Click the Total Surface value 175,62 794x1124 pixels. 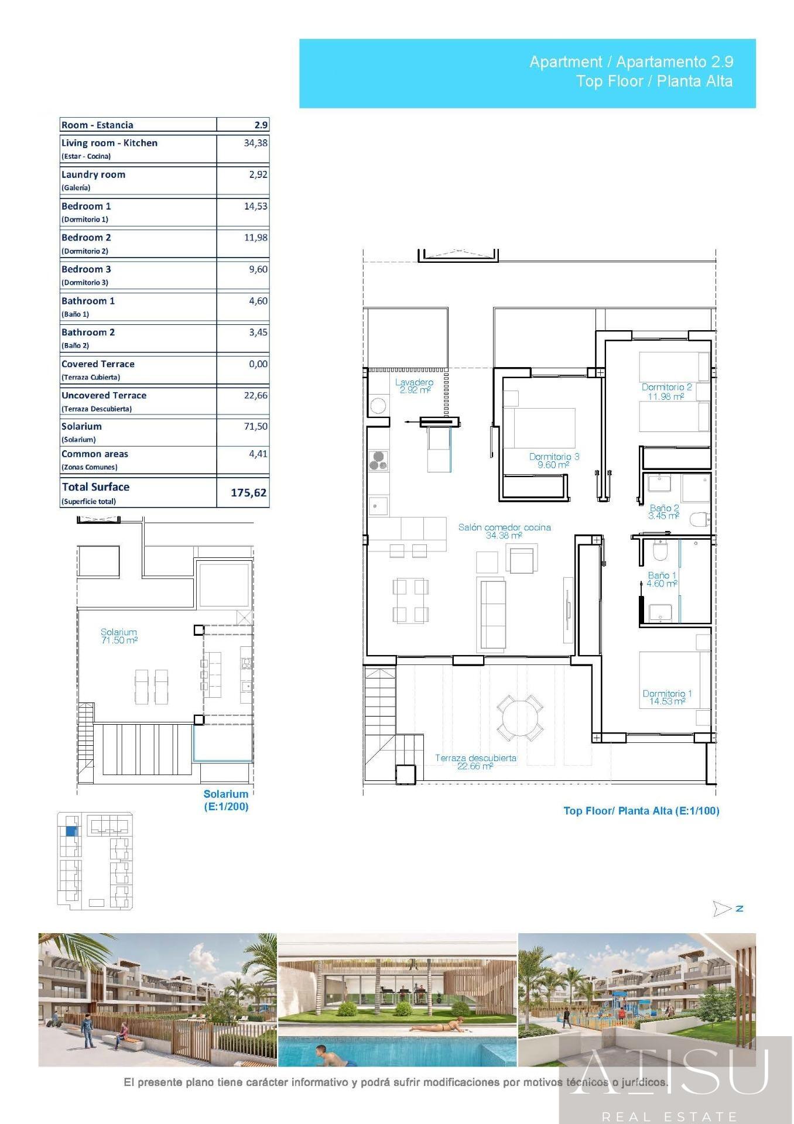click(249, 492)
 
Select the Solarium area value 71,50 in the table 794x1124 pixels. click(255, 426)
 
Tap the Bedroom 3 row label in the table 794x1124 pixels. click(86, 269)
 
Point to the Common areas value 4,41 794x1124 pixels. click(258, 453)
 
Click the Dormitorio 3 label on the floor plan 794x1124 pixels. click(554, 461)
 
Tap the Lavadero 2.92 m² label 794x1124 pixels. click(415, 386)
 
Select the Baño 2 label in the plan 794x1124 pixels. click(664, 512)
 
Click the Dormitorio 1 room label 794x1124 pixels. click(667, 697)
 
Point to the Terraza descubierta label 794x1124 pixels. click(475, 762)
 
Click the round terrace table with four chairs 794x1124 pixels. click(519, 717)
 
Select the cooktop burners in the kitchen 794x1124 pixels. click(378, 461)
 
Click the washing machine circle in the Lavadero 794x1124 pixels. click(378, 406)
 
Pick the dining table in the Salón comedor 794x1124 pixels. click(410, 600)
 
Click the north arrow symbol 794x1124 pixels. click(722, 909)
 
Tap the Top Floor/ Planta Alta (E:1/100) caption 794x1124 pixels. click(641, 811)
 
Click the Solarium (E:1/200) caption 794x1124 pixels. click(226, 800)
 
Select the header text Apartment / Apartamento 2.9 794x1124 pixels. click(631, 61)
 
